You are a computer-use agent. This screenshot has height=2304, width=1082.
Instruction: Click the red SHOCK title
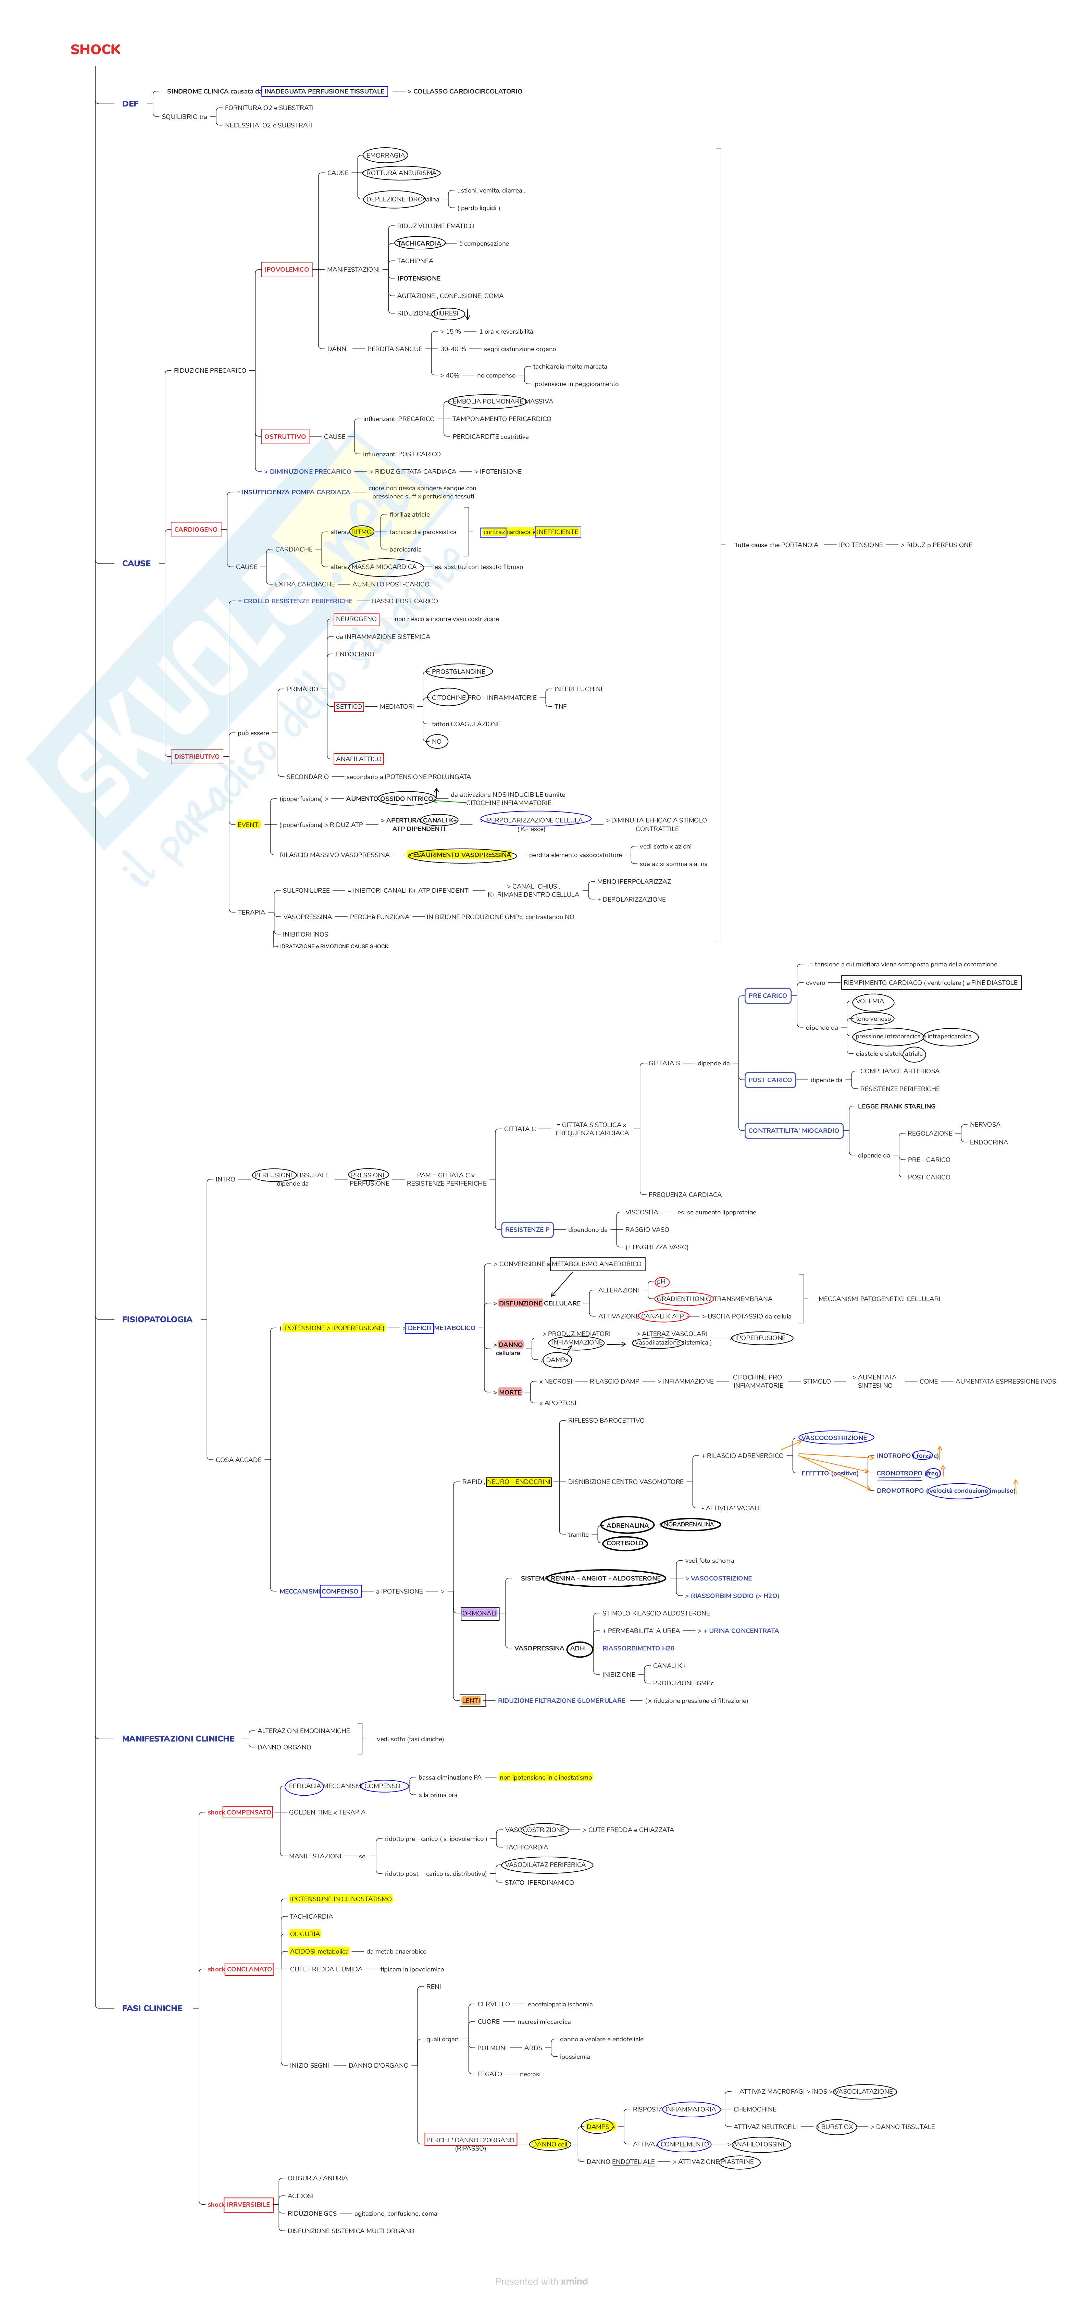tap(95, 49)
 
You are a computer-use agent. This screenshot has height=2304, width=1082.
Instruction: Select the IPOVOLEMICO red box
tap(286, 269)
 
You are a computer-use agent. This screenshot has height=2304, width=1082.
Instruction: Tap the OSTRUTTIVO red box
tap(284, 436)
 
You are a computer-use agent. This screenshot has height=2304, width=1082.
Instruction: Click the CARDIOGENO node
tap(196, 530)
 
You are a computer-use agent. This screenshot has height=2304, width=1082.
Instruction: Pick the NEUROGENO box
tap(356, 619)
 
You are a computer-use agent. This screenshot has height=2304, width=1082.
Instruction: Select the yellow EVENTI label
tap(249, 825)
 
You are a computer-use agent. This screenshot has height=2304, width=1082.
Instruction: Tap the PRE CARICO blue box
tap(767, 995)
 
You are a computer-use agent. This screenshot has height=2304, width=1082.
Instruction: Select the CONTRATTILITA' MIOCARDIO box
tap(793, 1130)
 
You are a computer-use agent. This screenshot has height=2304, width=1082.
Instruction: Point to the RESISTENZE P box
tap(527, 1230)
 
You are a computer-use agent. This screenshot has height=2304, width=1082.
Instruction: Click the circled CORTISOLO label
tap(624, 1543)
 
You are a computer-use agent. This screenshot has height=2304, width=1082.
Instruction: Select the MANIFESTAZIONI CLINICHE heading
tap(178, 1739)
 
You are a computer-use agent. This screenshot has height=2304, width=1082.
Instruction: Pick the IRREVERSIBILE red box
tap(248, 2205)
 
